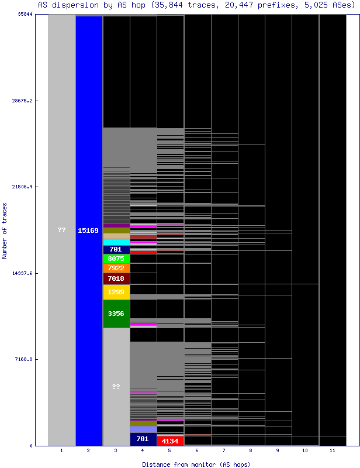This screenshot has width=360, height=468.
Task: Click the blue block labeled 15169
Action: pyautogui.click(x=89, y=230)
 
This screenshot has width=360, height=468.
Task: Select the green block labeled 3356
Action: pyautogui.click(x=116, y=314)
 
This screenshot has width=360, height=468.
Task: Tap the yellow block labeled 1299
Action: pyautogui.click(x=116, y=291)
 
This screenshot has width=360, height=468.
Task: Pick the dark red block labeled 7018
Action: pyautogui.click(x=116, y=278)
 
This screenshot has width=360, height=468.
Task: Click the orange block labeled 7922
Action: pyautogui.click(x=116, y=268)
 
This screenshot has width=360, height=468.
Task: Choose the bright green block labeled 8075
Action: pyautogui.click(x=116, y=258)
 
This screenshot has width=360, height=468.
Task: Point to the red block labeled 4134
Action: pyautogui.click(x=170, y=441)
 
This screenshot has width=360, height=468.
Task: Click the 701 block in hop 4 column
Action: pyautogui.click(x=143, y=439)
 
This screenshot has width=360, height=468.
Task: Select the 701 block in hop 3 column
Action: pyautogui.click(x=116, y=249)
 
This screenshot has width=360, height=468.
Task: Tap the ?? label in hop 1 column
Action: pyautogui.click(x=62, y=230)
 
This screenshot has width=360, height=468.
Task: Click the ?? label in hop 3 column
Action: pyautogui.click(x=116, y=387)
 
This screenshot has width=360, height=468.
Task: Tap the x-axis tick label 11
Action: pyautogui.click(x=333, y=451)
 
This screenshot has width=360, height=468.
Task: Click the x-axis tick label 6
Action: pyautogui.click(x=198, y=451)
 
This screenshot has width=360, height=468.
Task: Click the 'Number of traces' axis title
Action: pyautogui.click(x=5, y=230)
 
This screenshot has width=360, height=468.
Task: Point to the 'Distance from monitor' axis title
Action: pyautogui.click(x=197, y=464)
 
